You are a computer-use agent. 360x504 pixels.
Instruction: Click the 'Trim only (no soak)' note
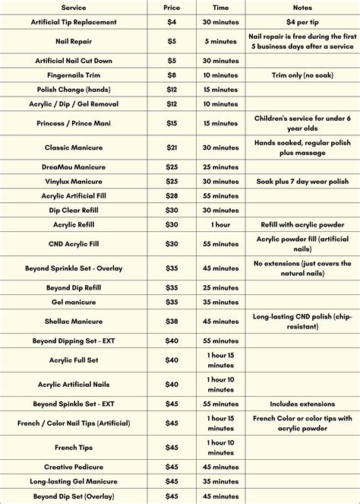302,74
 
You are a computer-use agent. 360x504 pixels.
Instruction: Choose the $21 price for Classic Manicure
172,147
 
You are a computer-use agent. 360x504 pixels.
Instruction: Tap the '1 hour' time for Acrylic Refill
220,224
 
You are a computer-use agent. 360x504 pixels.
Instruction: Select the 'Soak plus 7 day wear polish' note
302,181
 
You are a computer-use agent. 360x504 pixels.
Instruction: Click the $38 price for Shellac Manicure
172,321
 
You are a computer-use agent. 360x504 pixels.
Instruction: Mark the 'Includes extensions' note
302,404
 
